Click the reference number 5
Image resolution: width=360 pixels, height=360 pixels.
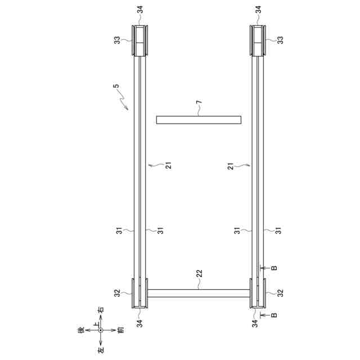(x=116, y=86)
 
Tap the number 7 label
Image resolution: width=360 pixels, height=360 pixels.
(x=199, y=102)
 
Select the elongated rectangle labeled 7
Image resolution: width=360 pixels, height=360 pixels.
(x=199, y=120)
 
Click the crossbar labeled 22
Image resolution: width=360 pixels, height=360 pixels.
(x=199, y=294)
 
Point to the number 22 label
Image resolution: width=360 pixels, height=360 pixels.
(x=200, y=273)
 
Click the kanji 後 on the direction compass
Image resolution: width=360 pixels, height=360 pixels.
(x=82, y=330)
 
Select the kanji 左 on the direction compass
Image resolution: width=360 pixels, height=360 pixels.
(x=101, y=350)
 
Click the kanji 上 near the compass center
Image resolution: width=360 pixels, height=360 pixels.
(x=96, y=324)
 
